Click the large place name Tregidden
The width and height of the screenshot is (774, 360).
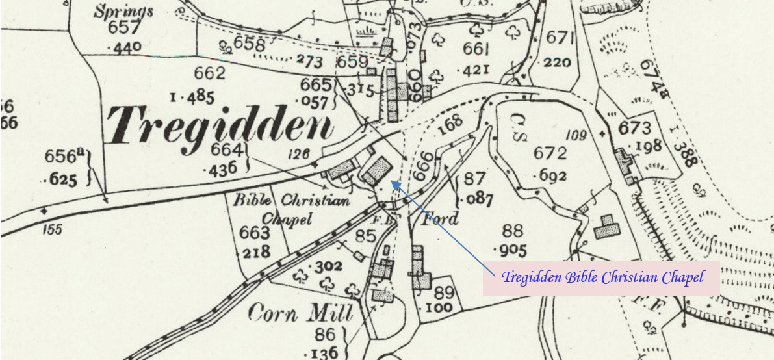point(220,125)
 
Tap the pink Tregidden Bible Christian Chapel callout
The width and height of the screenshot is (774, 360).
point(602,277)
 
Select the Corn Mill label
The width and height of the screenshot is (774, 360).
point(300,314)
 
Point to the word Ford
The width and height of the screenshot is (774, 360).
point(441,218)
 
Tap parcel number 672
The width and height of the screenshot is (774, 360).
point(550,154)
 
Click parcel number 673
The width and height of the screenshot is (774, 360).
point(634,127)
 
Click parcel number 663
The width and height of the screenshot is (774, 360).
point(254,233)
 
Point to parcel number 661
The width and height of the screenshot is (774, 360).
point(476,49)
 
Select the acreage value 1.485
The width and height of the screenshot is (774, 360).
point(192,98)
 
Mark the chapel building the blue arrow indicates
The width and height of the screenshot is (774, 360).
point(377,171)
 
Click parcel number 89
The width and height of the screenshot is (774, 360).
point(444,292)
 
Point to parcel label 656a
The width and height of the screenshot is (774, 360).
point(65,157)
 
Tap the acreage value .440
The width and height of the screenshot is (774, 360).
point(123,47)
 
